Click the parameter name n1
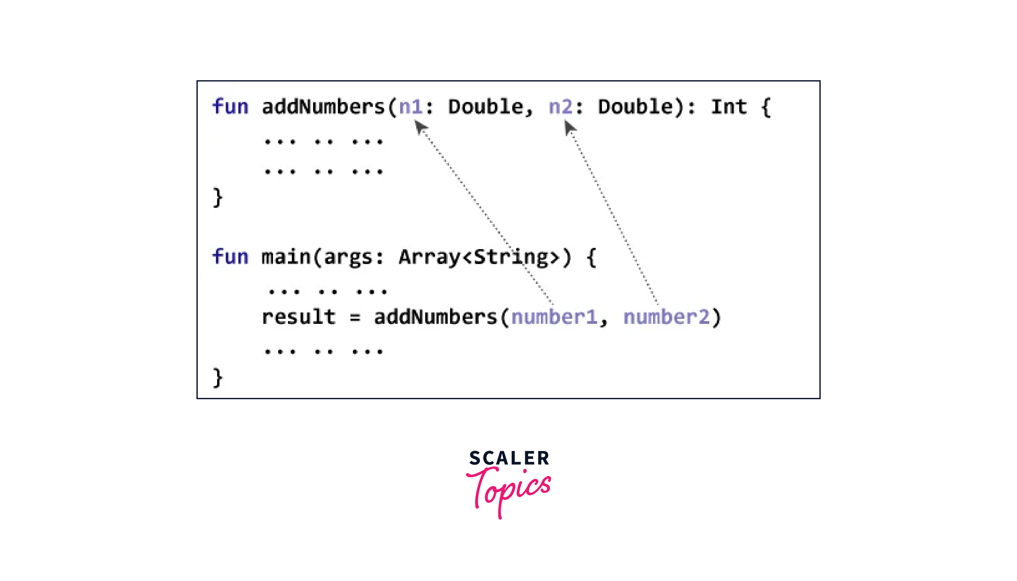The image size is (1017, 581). coord(411,107)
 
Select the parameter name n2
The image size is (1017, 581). coord(561,107)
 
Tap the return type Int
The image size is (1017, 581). coord(729,107)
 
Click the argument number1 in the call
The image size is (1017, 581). coord(554,317)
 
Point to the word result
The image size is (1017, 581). coord(298,317)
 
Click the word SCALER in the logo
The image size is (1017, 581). coord(509,458)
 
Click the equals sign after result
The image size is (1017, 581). coord(355,318)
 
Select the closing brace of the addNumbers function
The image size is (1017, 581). coord(217,198)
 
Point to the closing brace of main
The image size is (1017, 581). coord(217,378)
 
